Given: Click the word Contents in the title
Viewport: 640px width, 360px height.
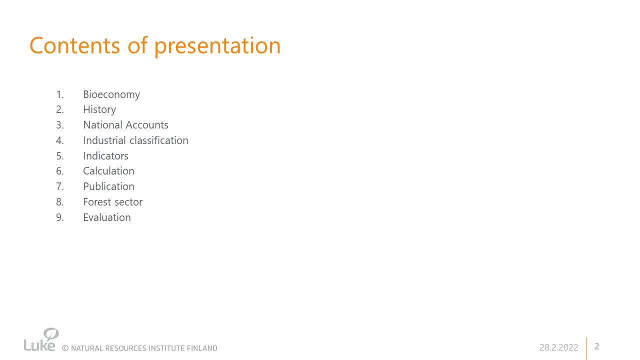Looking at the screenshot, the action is [75, 45].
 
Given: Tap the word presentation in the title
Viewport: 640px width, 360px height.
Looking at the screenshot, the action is [217, 46].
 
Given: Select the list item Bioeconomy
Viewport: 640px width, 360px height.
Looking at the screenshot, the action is [111, 94].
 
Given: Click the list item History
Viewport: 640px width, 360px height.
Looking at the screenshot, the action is [99, 109].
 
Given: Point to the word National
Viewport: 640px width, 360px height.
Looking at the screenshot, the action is [103, 125].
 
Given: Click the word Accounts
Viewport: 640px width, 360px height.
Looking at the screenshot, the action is [147, 125].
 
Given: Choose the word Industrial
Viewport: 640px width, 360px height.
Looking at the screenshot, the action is [104, 140].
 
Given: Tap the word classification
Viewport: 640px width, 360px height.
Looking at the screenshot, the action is [159, 140].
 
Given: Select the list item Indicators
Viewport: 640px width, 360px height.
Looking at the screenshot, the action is [105, 155].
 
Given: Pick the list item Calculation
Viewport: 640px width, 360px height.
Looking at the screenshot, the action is [108, 171].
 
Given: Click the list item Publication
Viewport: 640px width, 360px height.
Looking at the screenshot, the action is [108, 186].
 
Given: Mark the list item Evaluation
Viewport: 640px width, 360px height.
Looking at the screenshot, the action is [107, 217].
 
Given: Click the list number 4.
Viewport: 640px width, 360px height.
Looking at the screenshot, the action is [59, 140].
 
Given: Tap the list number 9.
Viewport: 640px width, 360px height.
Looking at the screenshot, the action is [59, 217].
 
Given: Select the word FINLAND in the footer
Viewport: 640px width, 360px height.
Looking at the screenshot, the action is [202, 348].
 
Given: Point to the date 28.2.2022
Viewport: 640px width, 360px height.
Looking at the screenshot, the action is [558, 347].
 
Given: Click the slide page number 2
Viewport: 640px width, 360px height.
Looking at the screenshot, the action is [597, 346].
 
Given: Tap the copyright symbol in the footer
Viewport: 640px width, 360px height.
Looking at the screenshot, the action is [65, 348].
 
